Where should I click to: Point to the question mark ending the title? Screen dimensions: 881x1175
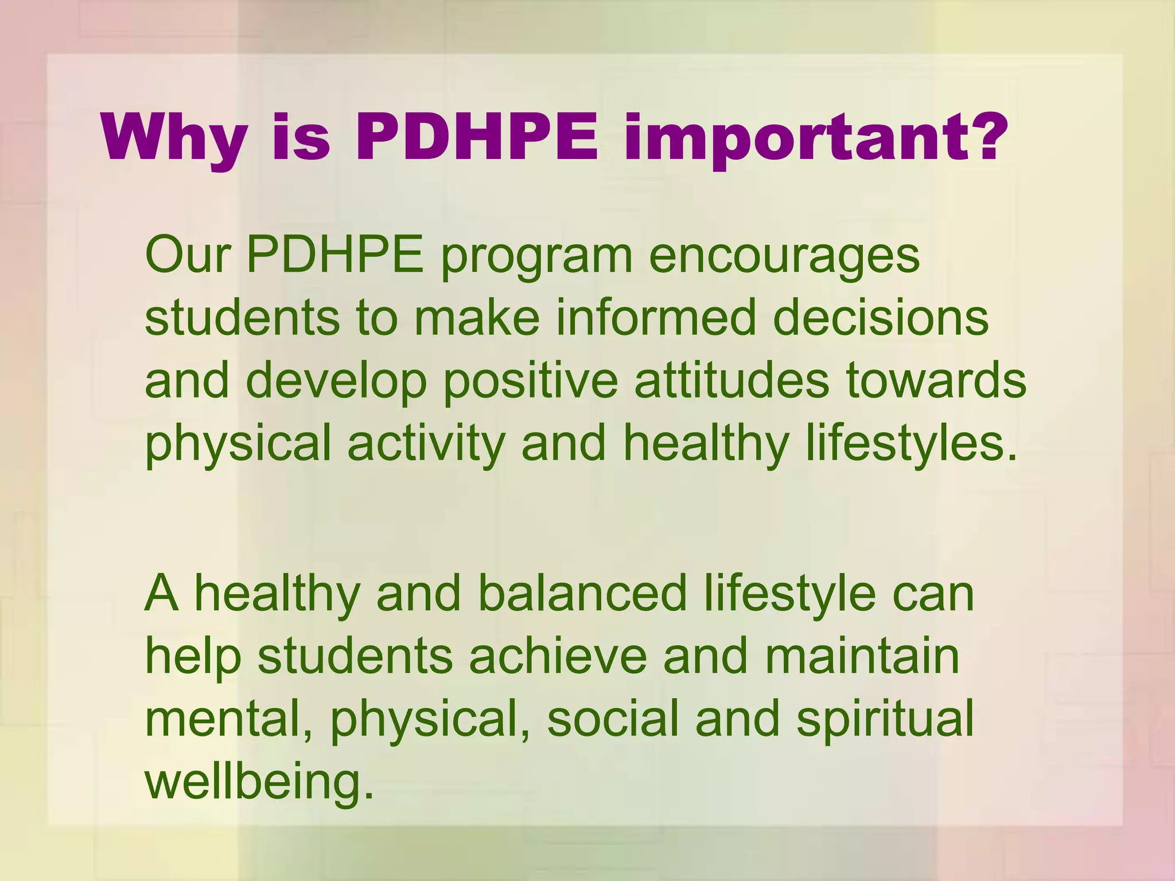point(985,137)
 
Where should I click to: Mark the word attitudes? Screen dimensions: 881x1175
point(732,381)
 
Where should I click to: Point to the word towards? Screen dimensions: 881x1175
point(936,381)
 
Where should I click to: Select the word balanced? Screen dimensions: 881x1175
point(582,593)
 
